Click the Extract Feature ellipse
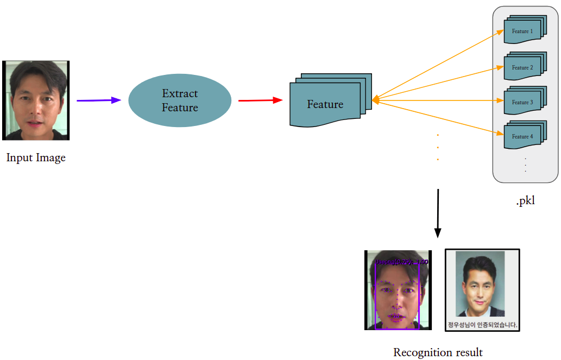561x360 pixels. point(180,100)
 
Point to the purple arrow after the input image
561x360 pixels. point(99,100)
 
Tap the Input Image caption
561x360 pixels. point(36,158)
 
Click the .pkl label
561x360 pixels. point(525,201)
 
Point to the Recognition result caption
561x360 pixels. point(438,352)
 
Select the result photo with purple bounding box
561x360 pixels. point(398,290)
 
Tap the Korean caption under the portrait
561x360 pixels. point(482,325)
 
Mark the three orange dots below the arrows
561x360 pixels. point(438,147)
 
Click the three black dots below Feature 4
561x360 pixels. point(525,165)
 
